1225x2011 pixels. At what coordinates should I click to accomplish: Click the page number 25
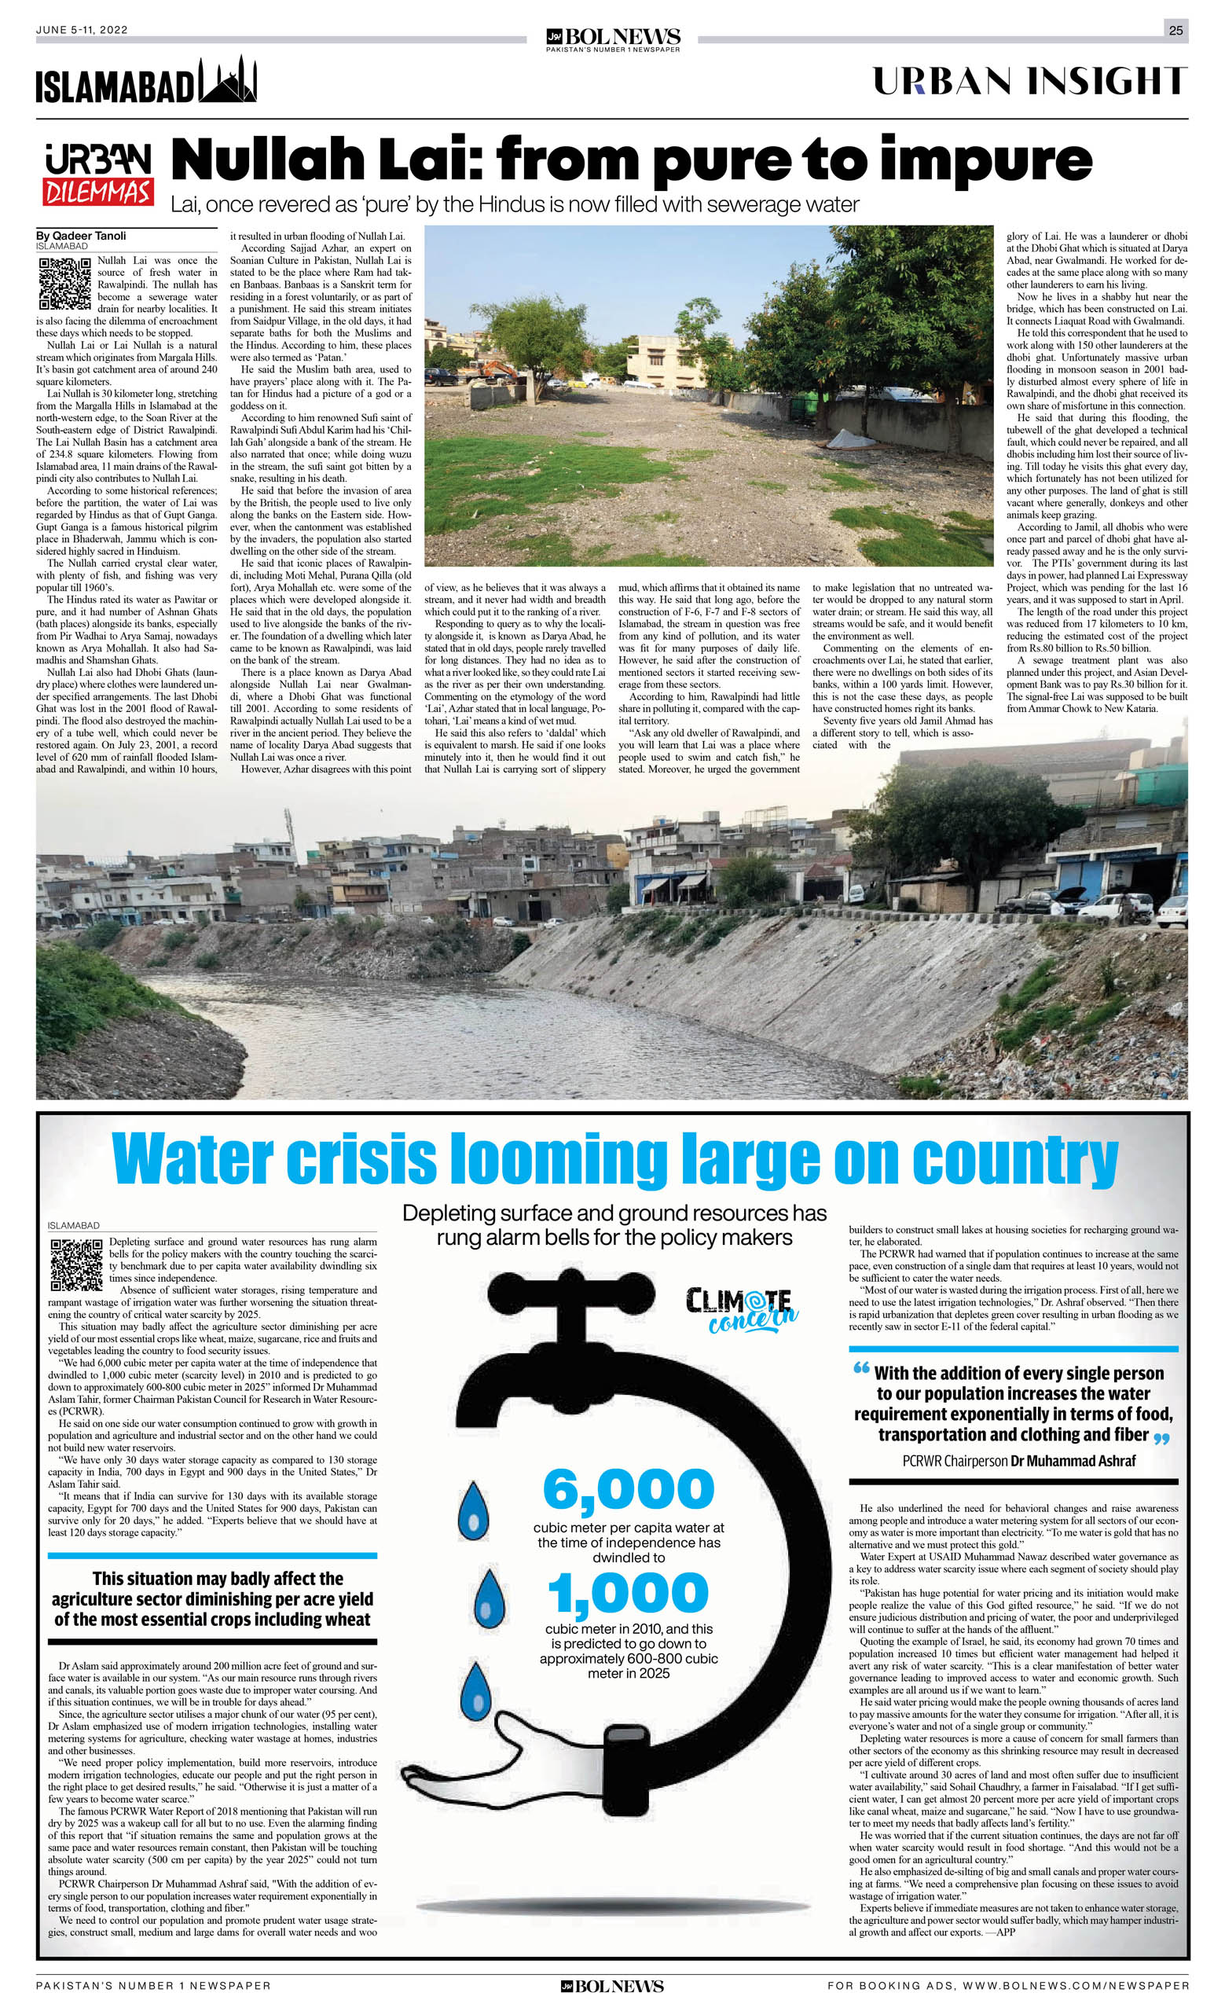point(1175,30)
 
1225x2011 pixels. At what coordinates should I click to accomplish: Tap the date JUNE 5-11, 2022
point(82,30)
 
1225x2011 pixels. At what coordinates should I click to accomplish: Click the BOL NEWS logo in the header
point(613,38)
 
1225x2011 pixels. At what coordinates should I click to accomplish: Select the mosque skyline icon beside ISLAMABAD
point(229,81)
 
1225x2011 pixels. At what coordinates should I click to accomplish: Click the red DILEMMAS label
point(98,192)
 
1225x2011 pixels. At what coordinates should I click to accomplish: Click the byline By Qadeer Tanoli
point(82,236)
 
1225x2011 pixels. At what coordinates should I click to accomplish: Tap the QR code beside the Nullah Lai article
point(64,283)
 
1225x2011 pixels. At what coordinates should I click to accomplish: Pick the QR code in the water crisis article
point(77,1264)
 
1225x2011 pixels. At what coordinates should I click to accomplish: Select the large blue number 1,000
point(629,1591)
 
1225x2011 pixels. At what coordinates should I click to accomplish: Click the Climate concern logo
point(741,1308)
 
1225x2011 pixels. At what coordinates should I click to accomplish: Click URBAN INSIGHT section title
point(1029,81)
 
